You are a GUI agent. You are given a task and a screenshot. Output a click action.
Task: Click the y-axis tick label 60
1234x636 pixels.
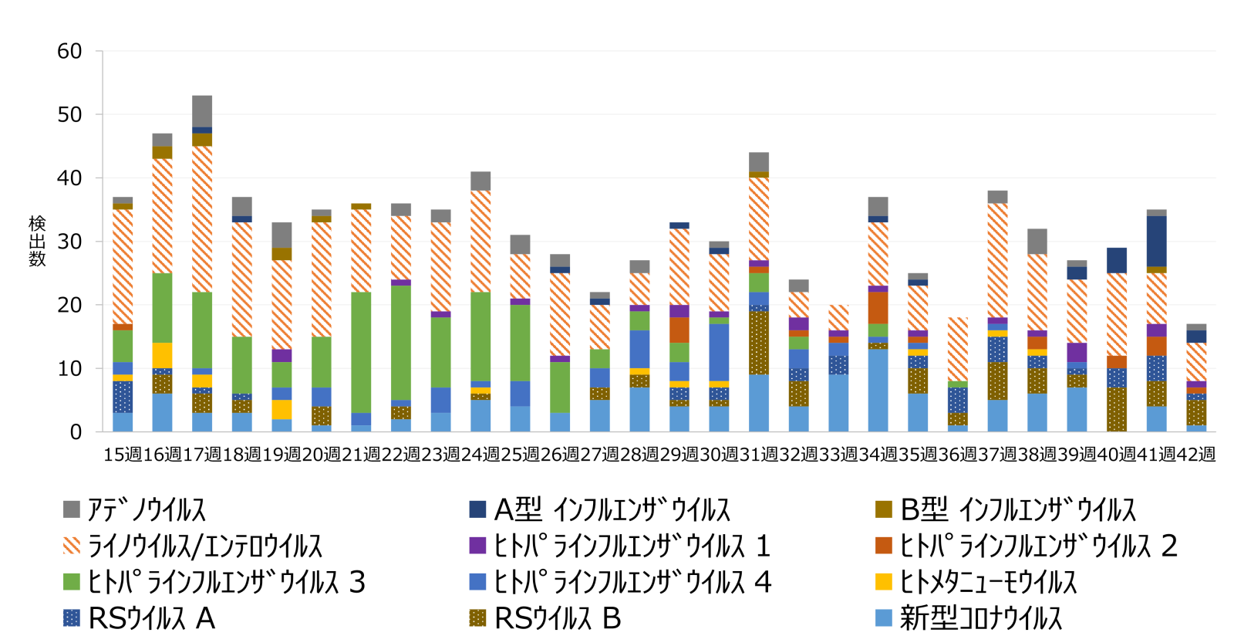coord(69,52)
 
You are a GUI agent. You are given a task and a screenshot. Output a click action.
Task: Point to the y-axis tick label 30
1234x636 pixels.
coord(69,242)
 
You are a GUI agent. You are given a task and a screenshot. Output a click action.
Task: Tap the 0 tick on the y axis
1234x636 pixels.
coord(76,432)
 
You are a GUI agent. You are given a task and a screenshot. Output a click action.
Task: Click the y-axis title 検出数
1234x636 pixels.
coord(37,241)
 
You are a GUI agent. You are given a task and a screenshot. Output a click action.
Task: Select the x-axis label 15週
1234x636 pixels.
coord(123,455)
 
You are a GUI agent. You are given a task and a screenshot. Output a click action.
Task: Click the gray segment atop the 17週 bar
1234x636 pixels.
coord(202,111)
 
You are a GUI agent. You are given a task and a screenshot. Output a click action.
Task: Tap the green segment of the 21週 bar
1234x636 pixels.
coord(361,352)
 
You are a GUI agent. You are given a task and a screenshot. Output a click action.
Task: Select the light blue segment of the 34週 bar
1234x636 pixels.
coord(878,391)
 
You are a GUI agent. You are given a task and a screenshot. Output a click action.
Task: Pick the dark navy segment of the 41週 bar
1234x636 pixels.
coord(1156,241)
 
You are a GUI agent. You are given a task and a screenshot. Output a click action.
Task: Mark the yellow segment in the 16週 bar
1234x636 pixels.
coord(163,355)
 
